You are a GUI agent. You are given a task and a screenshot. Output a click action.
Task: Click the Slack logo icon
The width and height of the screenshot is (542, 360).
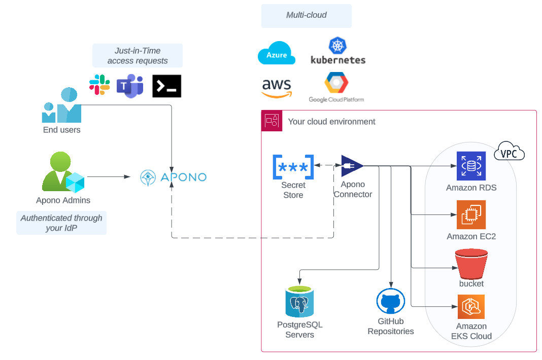click(99, 85)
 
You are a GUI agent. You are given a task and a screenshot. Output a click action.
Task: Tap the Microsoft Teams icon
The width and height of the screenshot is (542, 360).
click(130, 86)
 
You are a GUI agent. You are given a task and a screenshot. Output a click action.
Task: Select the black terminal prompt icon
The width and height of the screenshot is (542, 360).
click(166, 86)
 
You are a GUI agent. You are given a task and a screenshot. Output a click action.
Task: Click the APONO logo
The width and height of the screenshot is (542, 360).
click(173, 177)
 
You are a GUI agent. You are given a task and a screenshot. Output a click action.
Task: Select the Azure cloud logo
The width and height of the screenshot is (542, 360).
click(277, 54)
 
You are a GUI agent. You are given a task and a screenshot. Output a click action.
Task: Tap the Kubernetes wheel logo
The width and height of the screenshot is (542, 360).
click(337, 46)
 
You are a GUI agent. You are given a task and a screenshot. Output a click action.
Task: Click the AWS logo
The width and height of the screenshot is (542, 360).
click(277, 87)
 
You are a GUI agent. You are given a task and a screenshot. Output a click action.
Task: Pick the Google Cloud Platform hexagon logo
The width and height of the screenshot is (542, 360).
click(336, 83)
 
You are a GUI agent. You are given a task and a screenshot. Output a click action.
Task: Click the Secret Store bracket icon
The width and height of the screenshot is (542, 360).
click(293, 167)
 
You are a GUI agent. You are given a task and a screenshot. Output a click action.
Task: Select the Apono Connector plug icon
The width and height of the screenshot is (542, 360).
click(352, 166)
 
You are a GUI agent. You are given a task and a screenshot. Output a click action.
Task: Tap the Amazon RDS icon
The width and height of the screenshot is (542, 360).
click(471, 166)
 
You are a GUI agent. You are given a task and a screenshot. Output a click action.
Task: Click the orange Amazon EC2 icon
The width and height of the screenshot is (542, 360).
click(471, 214)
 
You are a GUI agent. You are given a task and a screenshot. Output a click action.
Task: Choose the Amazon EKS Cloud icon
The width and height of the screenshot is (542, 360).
click(471, 307)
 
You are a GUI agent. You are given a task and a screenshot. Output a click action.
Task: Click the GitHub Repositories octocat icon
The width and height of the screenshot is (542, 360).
click(391, 302)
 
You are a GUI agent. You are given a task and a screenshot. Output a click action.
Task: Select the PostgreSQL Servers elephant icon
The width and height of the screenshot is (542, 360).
click(299, 302)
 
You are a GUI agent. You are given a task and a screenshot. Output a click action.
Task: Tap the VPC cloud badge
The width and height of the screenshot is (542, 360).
click(509, 152)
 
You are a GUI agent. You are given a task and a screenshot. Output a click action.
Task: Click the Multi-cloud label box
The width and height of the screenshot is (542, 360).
click(306, 16)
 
